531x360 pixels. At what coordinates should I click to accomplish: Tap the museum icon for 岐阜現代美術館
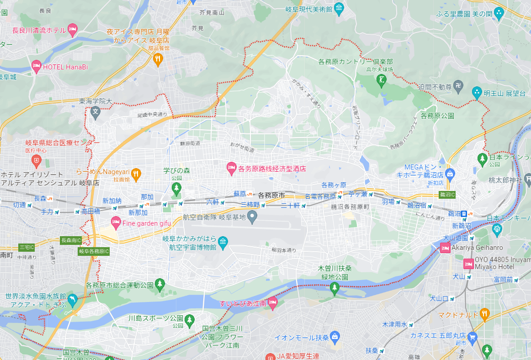339,8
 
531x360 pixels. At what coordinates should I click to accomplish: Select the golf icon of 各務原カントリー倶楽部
380,80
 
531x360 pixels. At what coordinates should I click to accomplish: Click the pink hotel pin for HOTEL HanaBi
37,67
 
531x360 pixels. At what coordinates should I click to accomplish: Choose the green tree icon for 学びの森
176,187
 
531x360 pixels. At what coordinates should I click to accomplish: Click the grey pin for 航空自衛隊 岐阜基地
252,217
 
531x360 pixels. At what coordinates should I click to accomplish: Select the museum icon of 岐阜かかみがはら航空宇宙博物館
223,242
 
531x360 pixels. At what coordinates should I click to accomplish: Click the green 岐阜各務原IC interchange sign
94,251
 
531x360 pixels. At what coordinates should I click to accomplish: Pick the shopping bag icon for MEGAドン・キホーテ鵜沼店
450,173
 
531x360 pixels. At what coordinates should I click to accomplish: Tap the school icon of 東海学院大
96,111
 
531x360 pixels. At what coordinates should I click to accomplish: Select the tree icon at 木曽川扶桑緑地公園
335,287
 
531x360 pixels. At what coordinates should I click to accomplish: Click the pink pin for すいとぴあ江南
272,302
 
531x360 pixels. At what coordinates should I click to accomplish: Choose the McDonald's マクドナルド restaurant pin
485,314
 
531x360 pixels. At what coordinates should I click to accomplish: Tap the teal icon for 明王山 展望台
477,93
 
